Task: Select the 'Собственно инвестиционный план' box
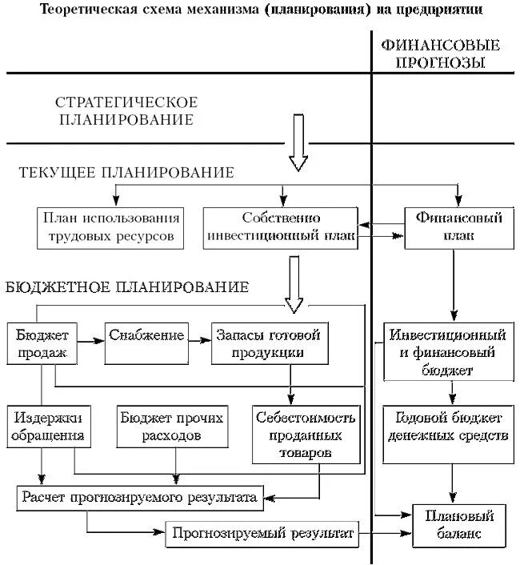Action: pyautogui.click(x=281, y=227)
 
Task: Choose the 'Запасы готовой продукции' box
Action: pyautogui.click(x=271, y=343)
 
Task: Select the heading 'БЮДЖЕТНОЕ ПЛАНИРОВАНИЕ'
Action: pyautogui.click(x=127, y=287)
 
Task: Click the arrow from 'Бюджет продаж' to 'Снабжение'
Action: pyautogui.click(x=90, y=340)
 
